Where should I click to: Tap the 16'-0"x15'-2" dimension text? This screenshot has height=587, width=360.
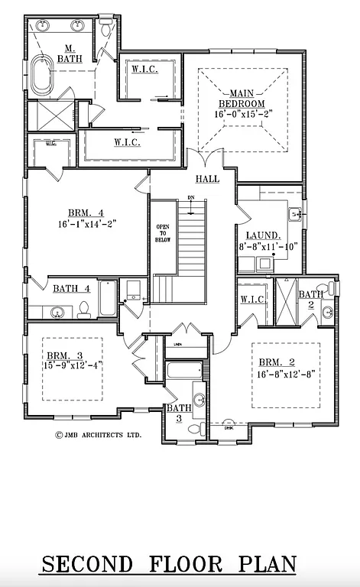click(242, 114)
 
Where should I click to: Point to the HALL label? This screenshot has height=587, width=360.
click(206, 179)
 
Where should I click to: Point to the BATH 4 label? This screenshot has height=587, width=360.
click(72, 288)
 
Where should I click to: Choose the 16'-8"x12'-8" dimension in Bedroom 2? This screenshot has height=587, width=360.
click(287, 375)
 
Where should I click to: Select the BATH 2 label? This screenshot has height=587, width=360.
click(310, 300)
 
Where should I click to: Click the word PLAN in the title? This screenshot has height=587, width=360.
click(268, 565)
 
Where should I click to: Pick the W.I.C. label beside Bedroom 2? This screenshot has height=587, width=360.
click(252, 300)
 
